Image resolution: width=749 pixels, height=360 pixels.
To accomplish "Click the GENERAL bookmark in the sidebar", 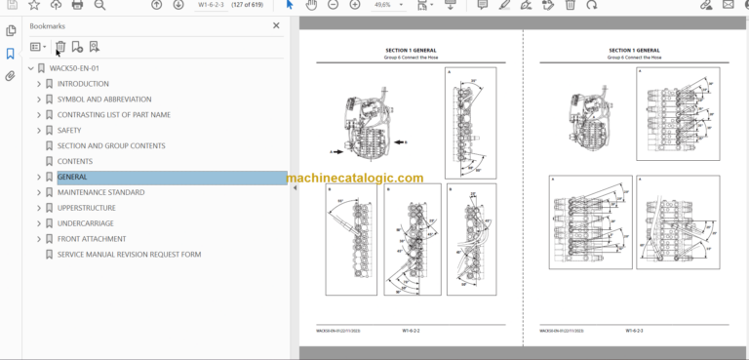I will click(72, 177).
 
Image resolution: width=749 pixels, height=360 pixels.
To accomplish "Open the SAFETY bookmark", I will click(69, 130).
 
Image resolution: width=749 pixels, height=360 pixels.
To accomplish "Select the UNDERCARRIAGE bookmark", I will click(86, 223).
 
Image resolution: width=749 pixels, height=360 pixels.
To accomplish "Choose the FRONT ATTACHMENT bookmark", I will click(92, 239).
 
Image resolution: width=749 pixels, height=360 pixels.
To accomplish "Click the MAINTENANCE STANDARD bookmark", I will click(100, 192).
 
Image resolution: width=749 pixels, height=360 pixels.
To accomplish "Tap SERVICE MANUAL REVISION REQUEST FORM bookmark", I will click(129, 255).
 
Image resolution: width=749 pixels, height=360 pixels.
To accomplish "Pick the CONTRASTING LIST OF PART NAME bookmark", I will click(113, 114).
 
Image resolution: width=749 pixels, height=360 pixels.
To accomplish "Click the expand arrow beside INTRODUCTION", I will click(39, 84).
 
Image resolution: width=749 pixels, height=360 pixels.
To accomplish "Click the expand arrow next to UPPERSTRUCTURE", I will click(39, 208).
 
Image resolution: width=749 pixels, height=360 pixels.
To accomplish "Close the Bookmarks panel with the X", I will click(276, 25).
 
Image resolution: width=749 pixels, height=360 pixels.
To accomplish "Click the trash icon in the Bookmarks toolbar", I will click(60, 46).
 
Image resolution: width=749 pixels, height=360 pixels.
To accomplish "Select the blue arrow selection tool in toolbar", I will click(289, 5).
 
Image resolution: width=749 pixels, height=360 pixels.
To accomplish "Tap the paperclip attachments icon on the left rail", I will click(11, 75).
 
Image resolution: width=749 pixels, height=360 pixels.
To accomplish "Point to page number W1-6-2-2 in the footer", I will click(411, 331).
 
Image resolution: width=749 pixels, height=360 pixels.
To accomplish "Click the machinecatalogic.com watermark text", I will click(355, 179).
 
